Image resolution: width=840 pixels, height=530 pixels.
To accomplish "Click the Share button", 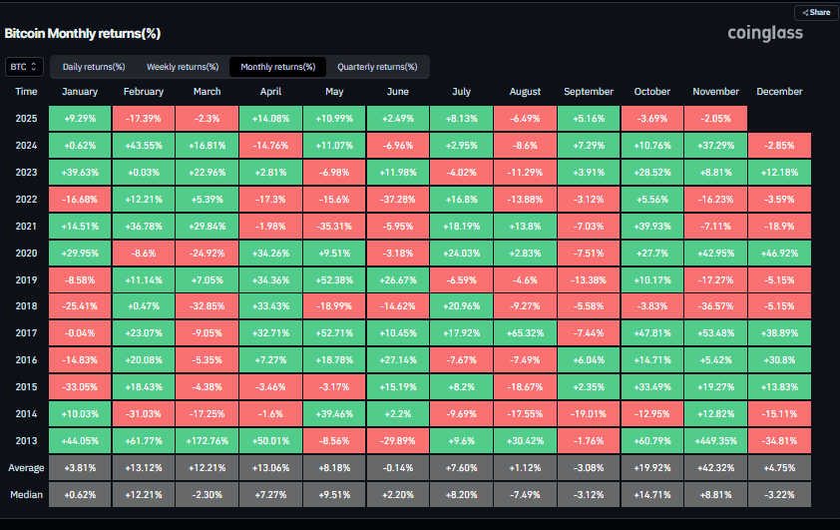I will point(816,13).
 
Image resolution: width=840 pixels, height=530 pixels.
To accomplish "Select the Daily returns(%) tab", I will point(94,67).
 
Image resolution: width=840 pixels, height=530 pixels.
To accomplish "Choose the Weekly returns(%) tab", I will point(183,67).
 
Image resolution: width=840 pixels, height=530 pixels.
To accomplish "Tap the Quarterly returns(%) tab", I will point(377,67).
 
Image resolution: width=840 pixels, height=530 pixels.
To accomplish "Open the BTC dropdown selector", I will point(23,67).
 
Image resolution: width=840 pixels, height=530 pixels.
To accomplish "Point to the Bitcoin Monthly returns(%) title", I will point(83,33).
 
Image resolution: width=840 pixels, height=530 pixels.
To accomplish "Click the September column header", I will point(589,92).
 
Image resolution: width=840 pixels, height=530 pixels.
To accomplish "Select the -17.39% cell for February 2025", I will point(145,117).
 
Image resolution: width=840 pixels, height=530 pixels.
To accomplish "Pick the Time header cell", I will point(27,92).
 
